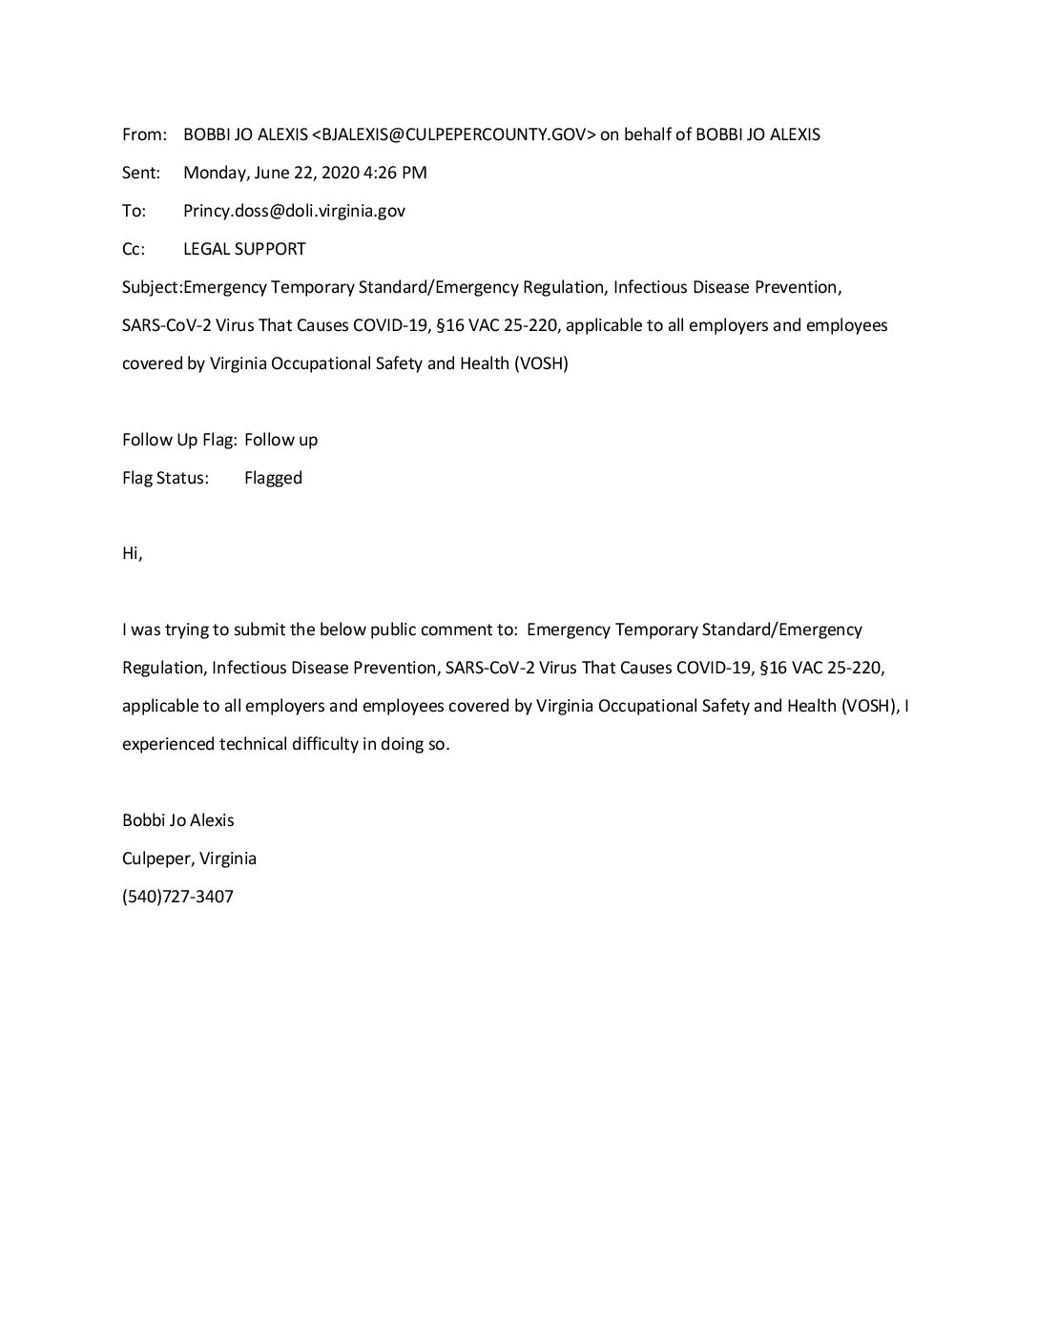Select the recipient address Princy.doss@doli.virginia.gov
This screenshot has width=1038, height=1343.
pos(294,211)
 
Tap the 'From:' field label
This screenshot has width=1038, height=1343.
pos(144,134)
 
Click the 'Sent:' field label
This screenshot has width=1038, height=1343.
pos(142,173)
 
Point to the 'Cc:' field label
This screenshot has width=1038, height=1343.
pos(134,249)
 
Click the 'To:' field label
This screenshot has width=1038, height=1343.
pos(135,211)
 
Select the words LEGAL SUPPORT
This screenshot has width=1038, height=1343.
pos(244,249)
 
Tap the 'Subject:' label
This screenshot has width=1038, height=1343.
pos(152,287)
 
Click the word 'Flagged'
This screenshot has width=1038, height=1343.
pos(273,478)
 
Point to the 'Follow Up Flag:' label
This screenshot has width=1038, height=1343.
pos(179,440)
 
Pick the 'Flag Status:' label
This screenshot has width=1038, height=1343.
pos(165,478)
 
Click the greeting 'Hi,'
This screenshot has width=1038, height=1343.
pos(133,554)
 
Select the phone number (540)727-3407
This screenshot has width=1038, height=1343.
pos(177,897)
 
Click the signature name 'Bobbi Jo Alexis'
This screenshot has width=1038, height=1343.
pos(178,820)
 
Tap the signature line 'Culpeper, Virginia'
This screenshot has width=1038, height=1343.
pos(189,858)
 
